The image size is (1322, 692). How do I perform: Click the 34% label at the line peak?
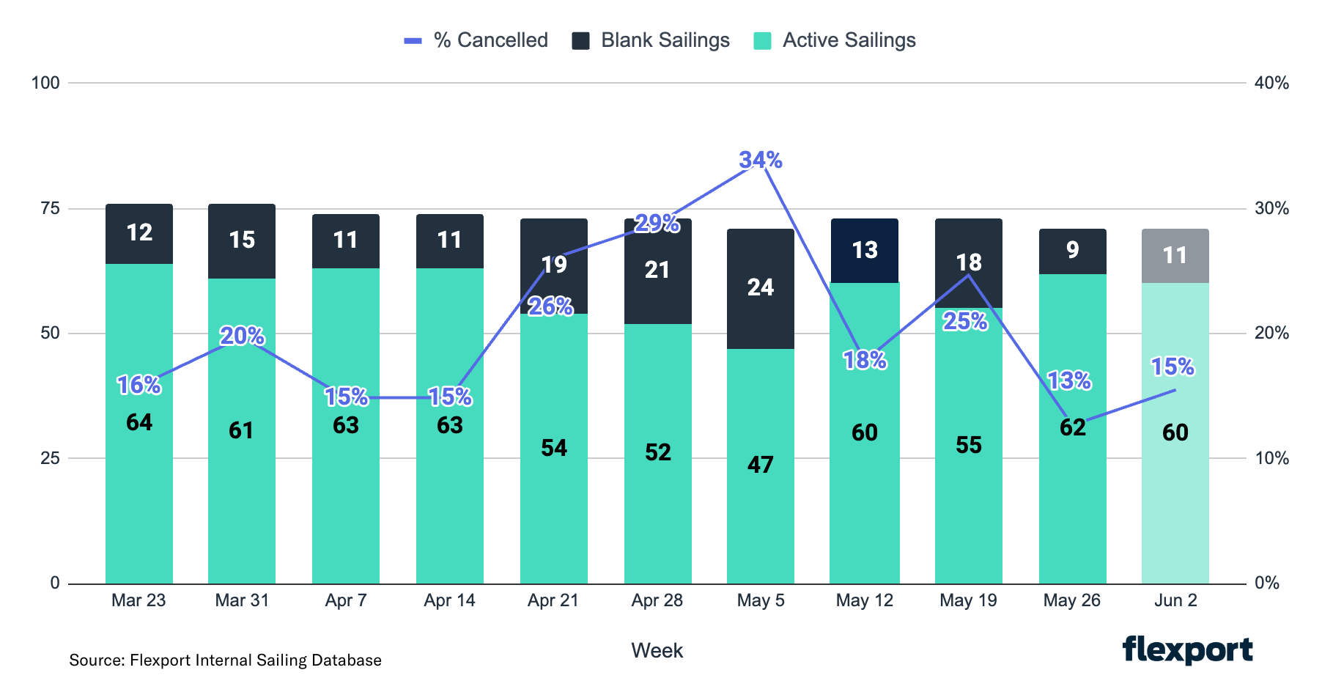760,160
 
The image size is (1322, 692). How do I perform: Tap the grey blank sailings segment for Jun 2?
1175,256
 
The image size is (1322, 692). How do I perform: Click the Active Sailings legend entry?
835,40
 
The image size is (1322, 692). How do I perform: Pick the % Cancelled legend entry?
476,40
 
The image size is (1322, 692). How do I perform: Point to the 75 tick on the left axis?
50,208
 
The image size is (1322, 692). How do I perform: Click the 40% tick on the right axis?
1271,83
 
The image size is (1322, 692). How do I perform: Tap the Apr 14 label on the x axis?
449,600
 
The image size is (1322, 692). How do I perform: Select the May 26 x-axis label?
1071,600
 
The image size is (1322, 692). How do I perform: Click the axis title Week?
657,650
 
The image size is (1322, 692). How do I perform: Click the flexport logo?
1187,649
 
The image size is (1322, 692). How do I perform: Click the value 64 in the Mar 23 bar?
139,422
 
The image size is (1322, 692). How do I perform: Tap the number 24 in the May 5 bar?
760,287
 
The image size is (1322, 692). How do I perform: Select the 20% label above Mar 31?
242,336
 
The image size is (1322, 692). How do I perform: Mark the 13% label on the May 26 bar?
1068,380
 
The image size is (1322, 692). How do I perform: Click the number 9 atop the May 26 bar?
1072,250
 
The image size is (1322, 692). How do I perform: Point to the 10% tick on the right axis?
1271,458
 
